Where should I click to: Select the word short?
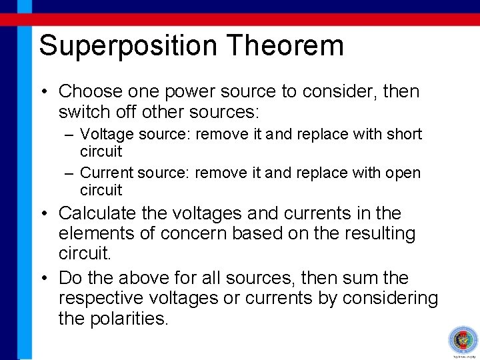(x=404, y=134)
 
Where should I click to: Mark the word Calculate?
(x=99, y=214)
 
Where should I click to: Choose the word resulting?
(x=377, y=233)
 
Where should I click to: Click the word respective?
(x=105, y=299)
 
